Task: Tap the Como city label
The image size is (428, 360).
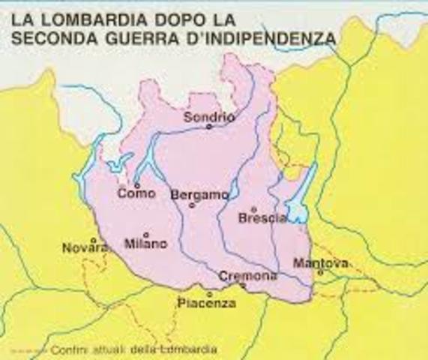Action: click(x=136, y=193)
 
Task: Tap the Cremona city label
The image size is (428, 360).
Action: click(x=243, y=276)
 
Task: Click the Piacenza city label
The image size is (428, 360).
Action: click(x=207, y=304)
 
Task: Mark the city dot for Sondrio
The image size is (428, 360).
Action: click(x=209, y=127)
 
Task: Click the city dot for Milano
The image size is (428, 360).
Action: click(x=146, y=234)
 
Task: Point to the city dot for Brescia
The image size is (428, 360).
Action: click(x=254, y=209)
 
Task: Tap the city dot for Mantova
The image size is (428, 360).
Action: click(x=320, y=272)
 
